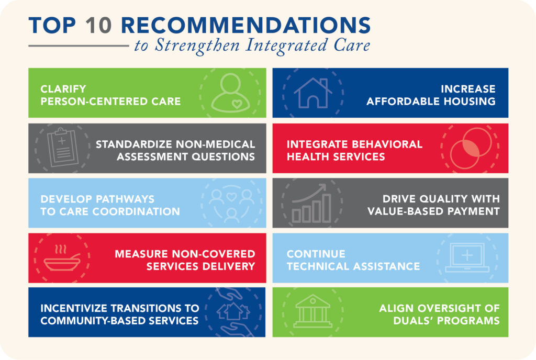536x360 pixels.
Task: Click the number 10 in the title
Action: pyautogui.click(x=98, y=25)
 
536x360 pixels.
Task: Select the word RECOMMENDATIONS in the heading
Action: pyautogui.click(x=246, y=25)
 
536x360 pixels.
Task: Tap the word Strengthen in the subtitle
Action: pyautogui.click(x=197, y=46)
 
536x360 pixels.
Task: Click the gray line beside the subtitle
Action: pyautogui.click(x=79, y=46)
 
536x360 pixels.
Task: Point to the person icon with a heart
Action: pyautogui.click(x=230, y=93)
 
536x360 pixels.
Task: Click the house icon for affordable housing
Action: pyautogui.click(x=313, y=93)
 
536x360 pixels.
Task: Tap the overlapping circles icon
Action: pyautogui.click(x=471, y=148)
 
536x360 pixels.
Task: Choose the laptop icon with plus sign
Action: pyautogui.click(x=467, y=257)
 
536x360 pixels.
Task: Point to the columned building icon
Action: pyautogui.click(x=313, y=311)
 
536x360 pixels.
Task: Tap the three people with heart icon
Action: pyautogui.click(x=231, y=204)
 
